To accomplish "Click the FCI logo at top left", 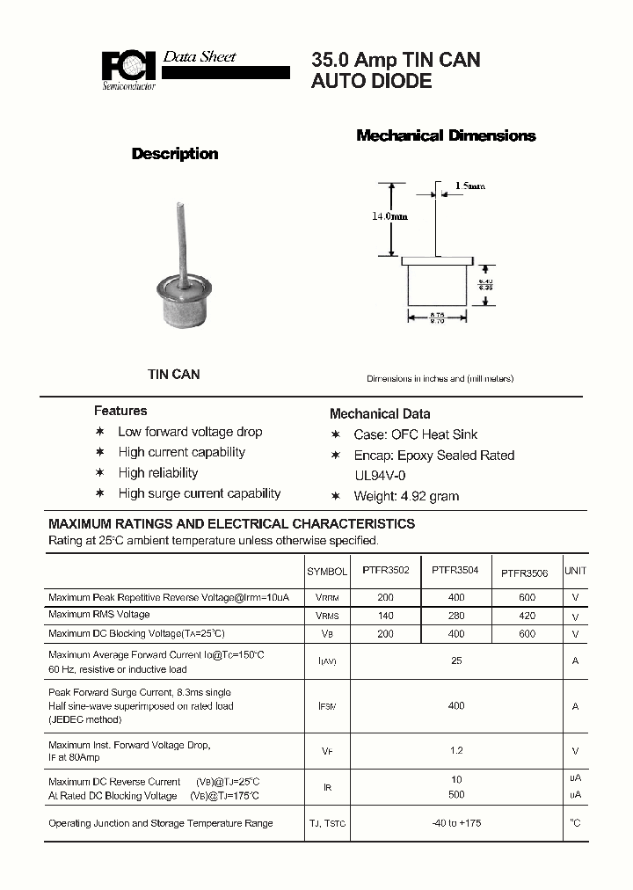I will coord(128,69).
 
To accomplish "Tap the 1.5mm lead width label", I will coord(469,186).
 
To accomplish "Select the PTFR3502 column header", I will coord(385,571).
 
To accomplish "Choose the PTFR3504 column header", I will coord(455,570).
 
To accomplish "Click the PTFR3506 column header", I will coord(524,573).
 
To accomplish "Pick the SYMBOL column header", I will coord(327,572).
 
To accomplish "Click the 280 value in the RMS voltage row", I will coord(455,616).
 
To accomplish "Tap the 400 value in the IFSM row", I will coord(455,705).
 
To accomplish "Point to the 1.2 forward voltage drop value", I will coord(455,751).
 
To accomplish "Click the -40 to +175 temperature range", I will coord(455,823).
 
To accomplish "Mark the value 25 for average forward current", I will coord(455,660).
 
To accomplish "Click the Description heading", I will coord(174,154).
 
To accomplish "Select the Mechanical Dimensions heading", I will coord(446,135).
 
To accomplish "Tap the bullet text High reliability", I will coord(158,473).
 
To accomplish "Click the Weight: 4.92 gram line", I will coord(406,496).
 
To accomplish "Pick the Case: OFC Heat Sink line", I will coord(415,434).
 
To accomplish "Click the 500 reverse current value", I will coord(455,796).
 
